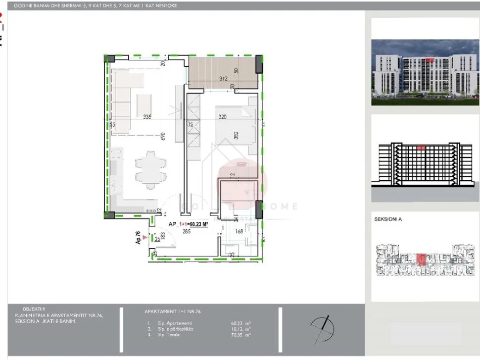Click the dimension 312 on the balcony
223,79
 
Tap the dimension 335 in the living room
147,117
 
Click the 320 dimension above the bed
222,117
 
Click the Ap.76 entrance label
137,237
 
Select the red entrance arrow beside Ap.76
146,236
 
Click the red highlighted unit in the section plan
421,259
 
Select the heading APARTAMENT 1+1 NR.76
172,312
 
